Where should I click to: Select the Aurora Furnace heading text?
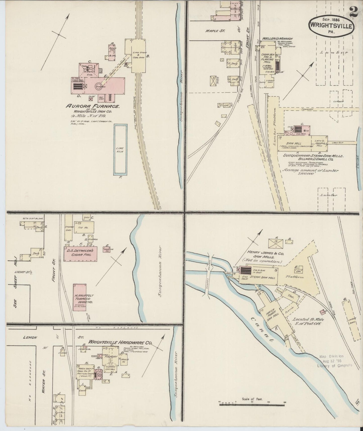pyautogui.click(x=92, y=106)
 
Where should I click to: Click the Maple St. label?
pyautogui.click(x=215, y=31)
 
